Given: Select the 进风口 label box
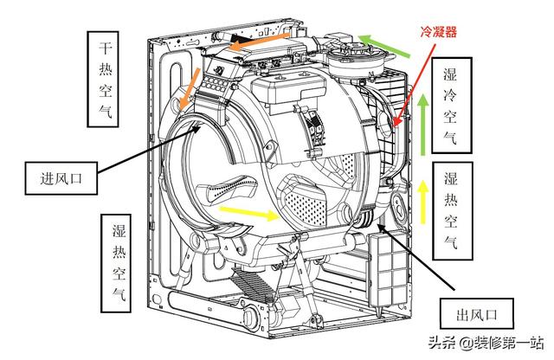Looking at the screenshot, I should tap(60, 178).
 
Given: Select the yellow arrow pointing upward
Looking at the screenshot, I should tap(422, 197).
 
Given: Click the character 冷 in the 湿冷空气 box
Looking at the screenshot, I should tap(450, 95).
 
